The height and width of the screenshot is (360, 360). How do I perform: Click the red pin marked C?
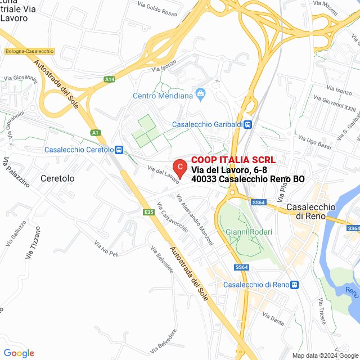(179, 167)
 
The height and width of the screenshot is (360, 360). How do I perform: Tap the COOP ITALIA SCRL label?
(233, 160)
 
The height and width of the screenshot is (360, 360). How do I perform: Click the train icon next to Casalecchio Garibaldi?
(248, 124)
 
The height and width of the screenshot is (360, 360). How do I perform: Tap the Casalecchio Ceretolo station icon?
(119, 150)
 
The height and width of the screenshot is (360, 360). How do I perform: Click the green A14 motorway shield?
(110, 80)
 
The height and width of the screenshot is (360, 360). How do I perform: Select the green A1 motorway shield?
(96, 133)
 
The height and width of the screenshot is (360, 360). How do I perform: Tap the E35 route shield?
(148, 212)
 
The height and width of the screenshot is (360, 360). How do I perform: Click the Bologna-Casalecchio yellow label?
(29, 51)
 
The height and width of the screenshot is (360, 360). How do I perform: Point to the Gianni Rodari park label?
(249, 232)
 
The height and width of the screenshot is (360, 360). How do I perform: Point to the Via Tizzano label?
(33, 242)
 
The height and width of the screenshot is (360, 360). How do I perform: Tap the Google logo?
(19, 353)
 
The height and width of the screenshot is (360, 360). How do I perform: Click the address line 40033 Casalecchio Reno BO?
(248, 179)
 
